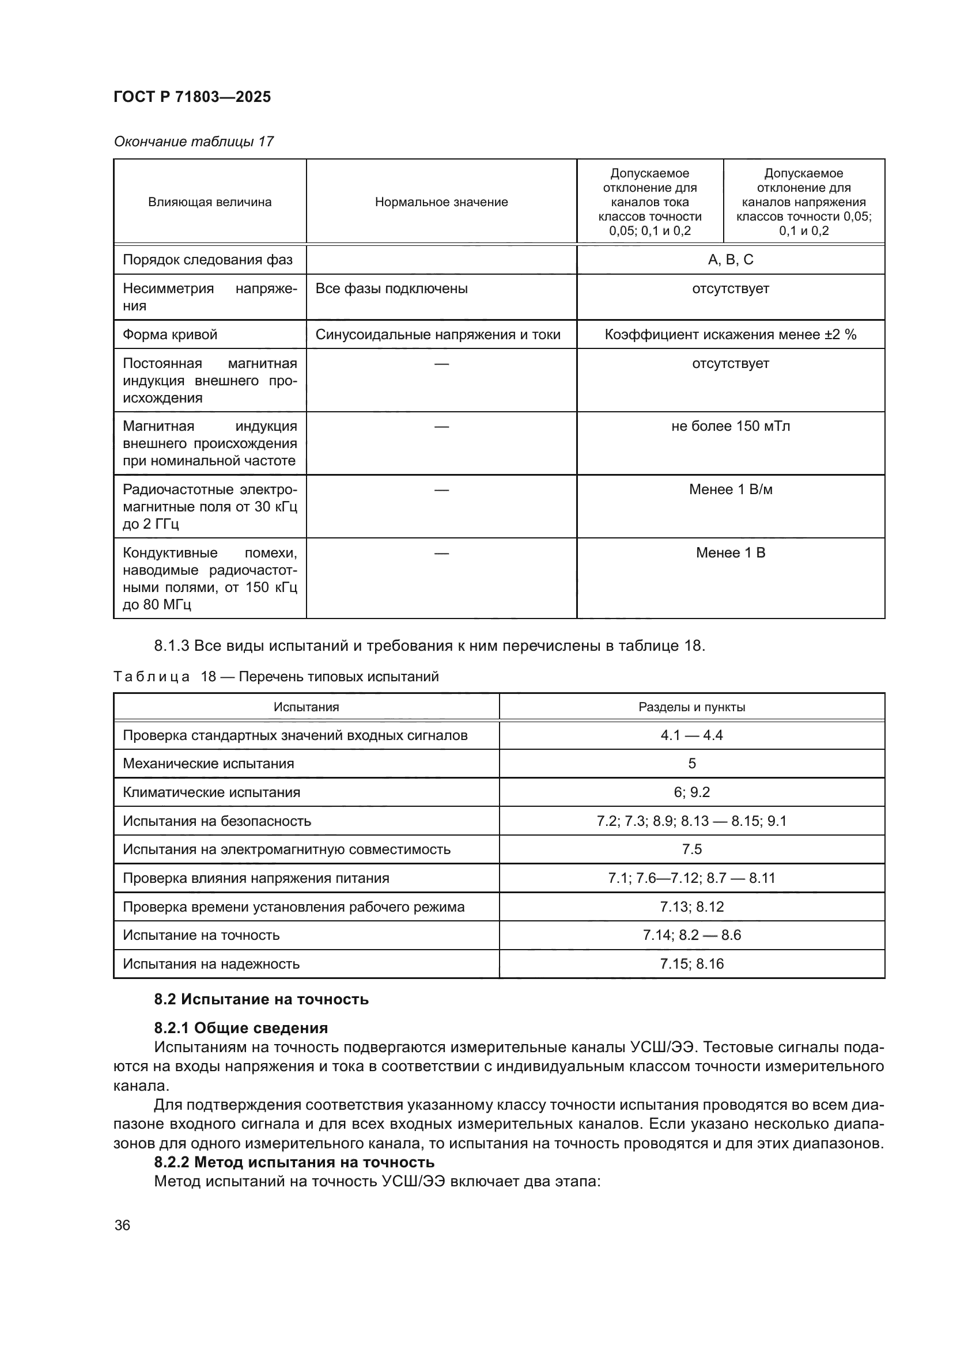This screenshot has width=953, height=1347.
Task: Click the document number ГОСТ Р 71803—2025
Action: pyautogui.click(x=192, y=97)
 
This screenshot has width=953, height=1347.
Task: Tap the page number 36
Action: pyautogui.click(x=122, y=1225)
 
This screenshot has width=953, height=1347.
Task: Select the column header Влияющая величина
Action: pyautogui.click(x=210, y=202)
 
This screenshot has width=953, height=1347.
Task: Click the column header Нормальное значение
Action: pyautogui.click(x=441, y=202)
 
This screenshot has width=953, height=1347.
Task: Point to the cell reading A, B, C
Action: pyautogui.click(x=730, y=260)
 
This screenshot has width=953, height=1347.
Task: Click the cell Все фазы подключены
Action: pyautogui.click(x=391, y=289)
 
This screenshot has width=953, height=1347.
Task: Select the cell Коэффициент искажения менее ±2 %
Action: pyautogui.click(x=730, y=335)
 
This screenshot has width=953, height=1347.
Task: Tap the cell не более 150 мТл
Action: pyautogui.click(x=730, y=427)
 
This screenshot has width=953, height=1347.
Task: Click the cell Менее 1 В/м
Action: pyautogui.click(x=730, y=490)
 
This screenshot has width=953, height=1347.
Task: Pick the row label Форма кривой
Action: pyautogui.click(x=169, y=335)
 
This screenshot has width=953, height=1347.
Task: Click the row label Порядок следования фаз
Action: pyautogui.click(x=207, y=260)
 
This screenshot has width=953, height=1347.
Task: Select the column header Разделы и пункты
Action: pyautogui.click(x=691, y=708)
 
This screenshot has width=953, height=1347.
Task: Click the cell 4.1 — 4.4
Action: pyautogui.click(x=691, y=735)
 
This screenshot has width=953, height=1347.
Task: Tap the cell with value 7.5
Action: pyautogui.click(x=691, y=849)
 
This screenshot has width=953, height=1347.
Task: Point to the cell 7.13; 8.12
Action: pyautogui.click(x=691, y=907)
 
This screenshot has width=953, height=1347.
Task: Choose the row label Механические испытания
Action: pyautogui.click(x=209, y=764)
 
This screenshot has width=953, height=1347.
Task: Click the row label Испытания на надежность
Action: pyautogui.click(x=211, y=964)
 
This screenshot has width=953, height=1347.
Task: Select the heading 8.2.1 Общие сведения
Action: pyautogui.click(x=241, y=1028)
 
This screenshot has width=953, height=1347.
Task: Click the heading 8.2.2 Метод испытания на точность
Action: pyautogui.click(x=294, y=1162)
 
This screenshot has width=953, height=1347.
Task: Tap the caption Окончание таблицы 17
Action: pyautogui.click(x=194, y=142)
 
